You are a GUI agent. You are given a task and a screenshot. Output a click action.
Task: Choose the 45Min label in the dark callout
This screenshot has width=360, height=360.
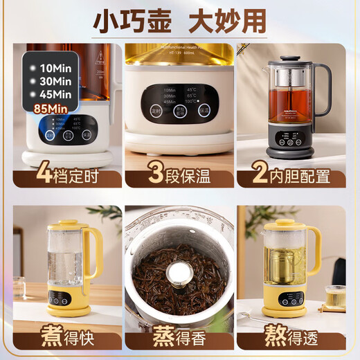pos(55,94)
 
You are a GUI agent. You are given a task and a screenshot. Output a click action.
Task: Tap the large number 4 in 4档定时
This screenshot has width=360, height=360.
pos(26,171)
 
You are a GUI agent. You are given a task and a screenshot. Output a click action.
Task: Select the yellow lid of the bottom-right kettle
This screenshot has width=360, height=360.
pos(290,225)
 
